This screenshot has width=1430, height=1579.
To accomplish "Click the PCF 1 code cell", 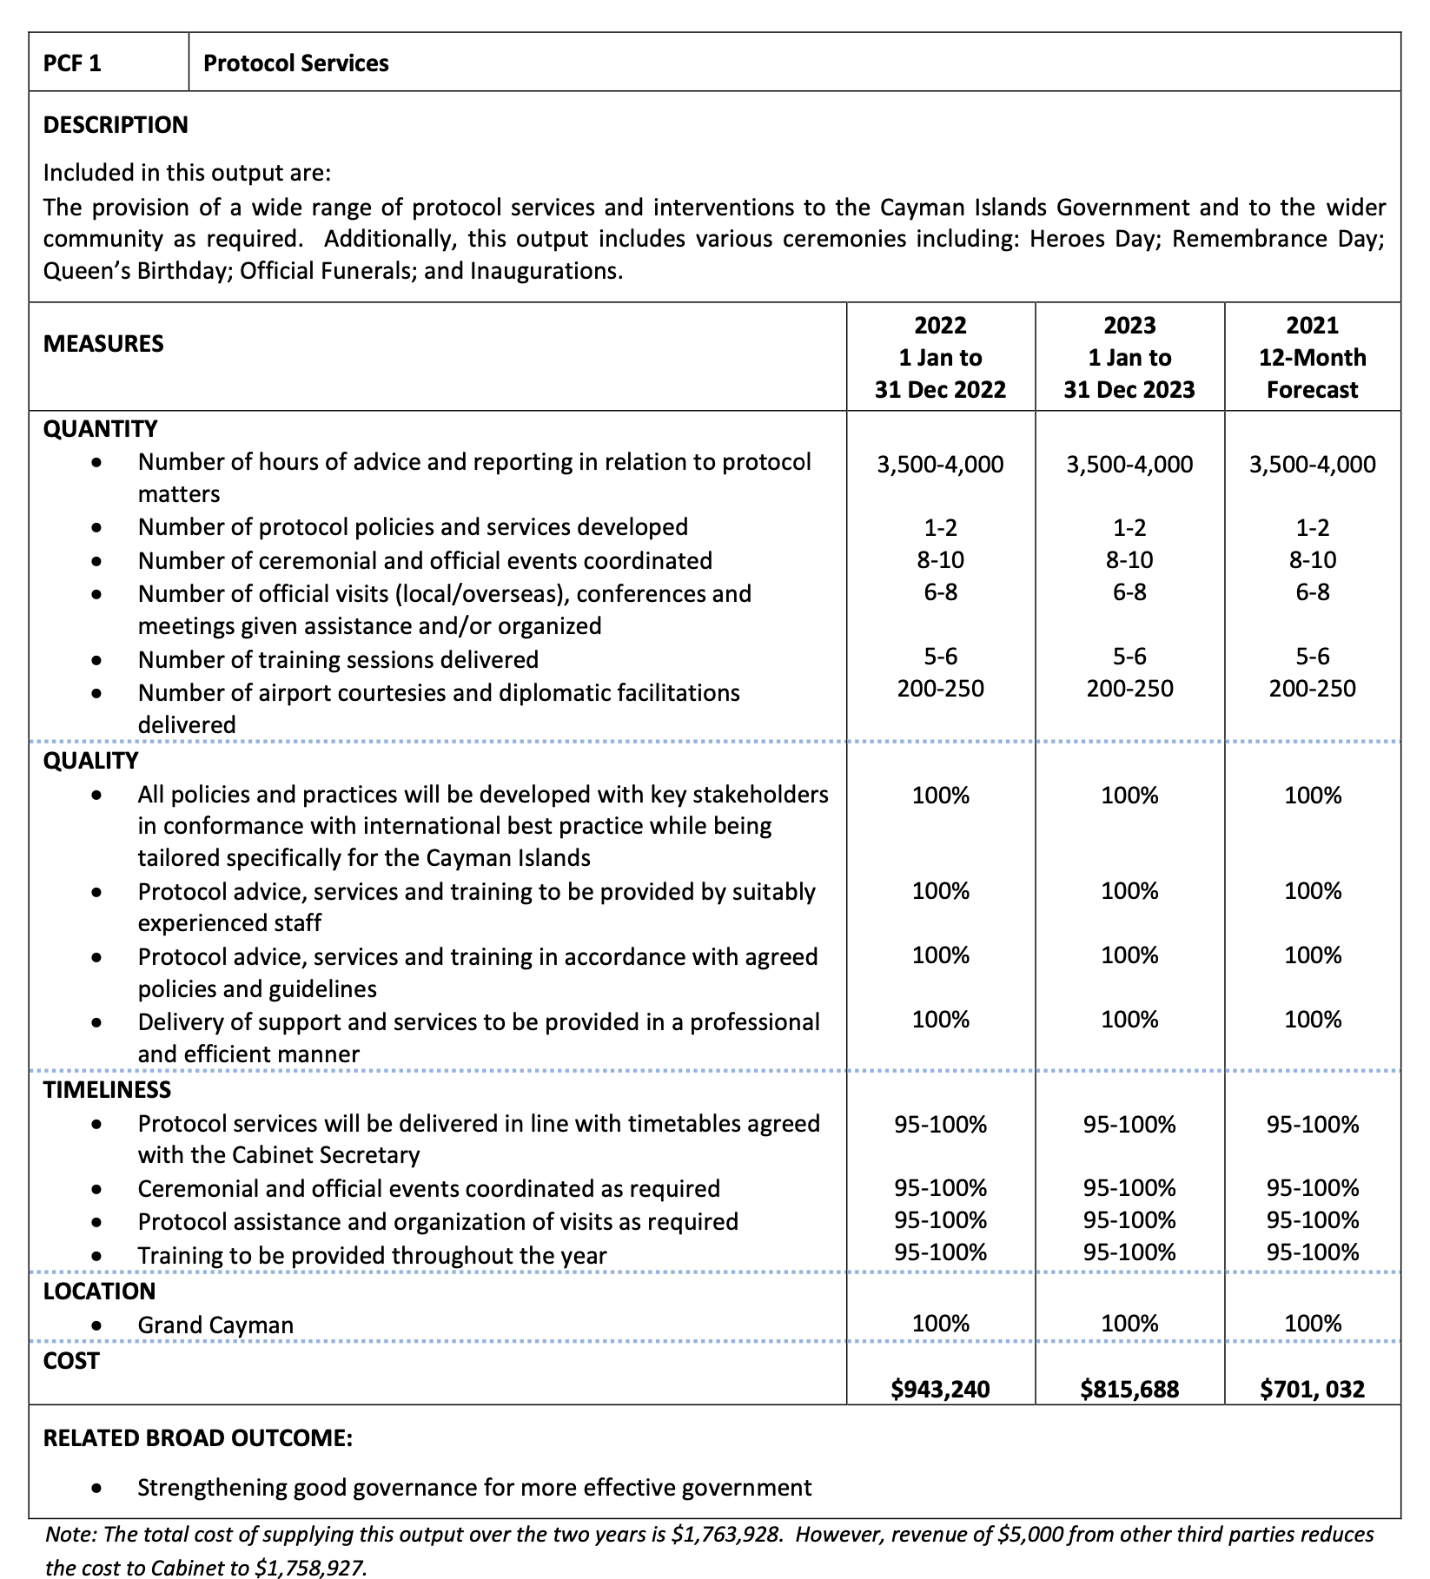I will pos(73,63).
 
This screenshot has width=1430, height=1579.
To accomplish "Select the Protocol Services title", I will pos(295,63).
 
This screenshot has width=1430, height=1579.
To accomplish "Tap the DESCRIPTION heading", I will pos(116,125).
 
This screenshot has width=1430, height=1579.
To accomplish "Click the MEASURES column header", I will pos(103,344).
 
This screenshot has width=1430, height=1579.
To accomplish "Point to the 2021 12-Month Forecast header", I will pos(1312,357).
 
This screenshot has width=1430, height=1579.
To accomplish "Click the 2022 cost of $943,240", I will pos(940,1389).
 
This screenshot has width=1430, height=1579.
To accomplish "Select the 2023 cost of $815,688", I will pos(1129,1389).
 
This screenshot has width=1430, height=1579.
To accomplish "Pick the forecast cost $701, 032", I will pos(1312,1389).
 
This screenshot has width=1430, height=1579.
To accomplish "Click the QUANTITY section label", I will pos(101,429).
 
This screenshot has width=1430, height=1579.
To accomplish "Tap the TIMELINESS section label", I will pos(108,1090).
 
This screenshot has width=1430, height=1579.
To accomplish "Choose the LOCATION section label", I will pos(100,1292).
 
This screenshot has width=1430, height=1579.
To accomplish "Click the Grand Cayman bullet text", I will pos(215,1325).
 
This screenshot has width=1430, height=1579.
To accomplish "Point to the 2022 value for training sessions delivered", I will pos(940,657).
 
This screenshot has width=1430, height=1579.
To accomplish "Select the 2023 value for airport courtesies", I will pos(1129,690).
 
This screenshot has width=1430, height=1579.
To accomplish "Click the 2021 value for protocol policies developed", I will pos(1312,527).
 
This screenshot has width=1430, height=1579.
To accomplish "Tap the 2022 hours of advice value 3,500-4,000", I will pos(940,465).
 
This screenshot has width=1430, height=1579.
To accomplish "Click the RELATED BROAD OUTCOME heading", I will pos(198,1438).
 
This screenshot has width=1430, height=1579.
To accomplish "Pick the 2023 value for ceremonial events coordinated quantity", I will pos(1129,560).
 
